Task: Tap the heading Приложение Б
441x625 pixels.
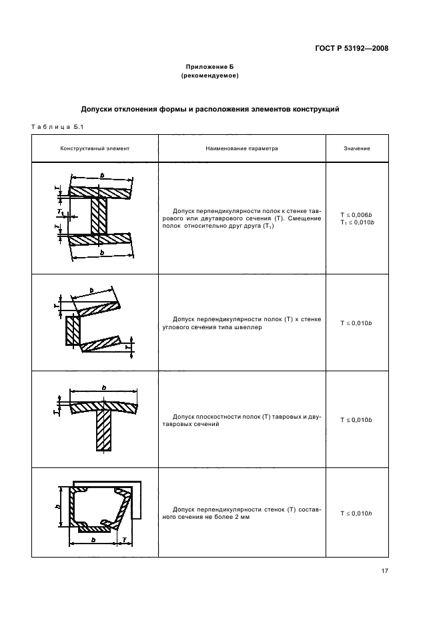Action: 210,67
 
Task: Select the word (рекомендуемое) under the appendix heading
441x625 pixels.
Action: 210,75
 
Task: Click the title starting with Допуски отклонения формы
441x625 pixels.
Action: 210,108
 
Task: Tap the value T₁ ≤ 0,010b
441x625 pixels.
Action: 357,222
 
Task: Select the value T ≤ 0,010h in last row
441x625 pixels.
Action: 357,513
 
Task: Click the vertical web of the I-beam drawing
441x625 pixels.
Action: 99,216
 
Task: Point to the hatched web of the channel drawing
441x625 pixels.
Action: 73,330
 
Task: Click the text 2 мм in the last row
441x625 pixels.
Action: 242,517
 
